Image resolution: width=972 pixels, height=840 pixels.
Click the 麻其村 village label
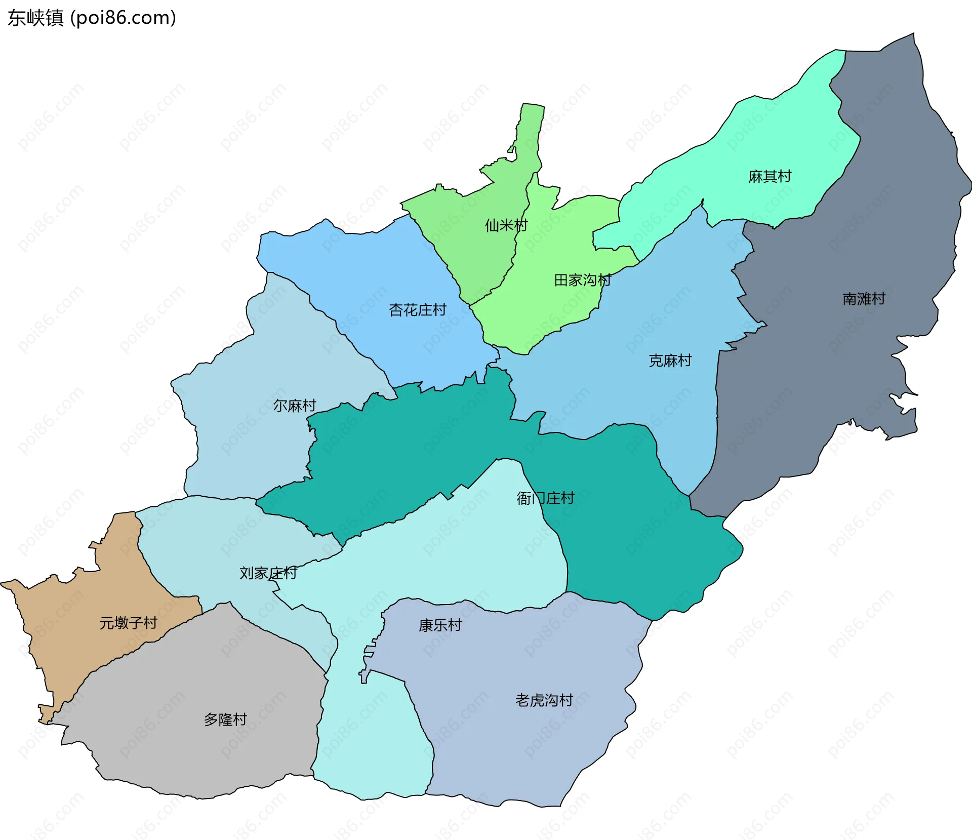pyautogui.click(x=769, y=177)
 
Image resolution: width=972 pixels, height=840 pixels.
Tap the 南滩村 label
pyautogui.click(x=864, y=299)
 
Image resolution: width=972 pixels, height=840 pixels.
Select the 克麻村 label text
pyautogui.click(x=670, y=361)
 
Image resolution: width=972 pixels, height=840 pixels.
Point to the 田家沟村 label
pyautogui.click(x=583, y=280)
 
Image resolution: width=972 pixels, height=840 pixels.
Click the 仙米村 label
pyautogui.click(x=506, y=225)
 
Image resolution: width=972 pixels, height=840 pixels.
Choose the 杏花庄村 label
pyautogui.click(x=417, y=310)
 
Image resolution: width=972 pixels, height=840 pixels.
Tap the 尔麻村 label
pyautogui.click(x=295, y=406)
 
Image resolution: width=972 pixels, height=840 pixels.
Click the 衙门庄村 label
pyautogui.click(x=545, y=498)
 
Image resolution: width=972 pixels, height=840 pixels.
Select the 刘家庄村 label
pyautogui.click(x=268, y=573)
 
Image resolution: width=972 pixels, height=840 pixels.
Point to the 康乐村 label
pyautogui.click(x=440, y=625)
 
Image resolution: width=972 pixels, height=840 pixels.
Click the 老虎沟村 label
pyautogui.click(x=544, y=700)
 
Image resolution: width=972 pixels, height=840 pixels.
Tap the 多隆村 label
pyautogui.click(x=225, y=719)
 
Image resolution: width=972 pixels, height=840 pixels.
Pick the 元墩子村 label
pyautogui.click(x=128, y=623)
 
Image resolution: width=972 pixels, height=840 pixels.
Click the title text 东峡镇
pyautogui.click(x=35, y=18)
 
